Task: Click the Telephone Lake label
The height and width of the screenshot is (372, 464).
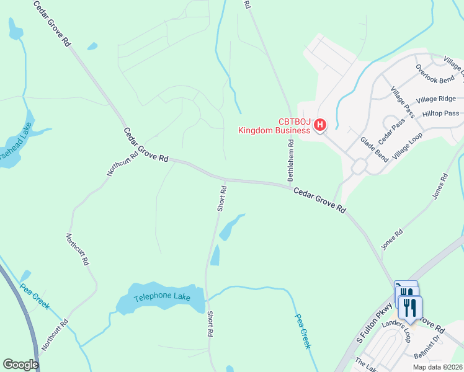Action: pyautogui.click(x=161, y=296)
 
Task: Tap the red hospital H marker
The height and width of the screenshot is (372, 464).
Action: pyautogui.click(x=319, y=125)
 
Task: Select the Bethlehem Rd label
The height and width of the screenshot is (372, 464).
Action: pyautogui.click(x=290, y=161)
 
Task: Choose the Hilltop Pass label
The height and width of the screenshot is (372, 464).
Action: pyautogui.click(x=440, y=113)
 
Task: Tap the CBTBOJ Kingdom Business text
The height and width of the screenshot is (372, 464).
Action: pyautogui.click(x=274, y=126)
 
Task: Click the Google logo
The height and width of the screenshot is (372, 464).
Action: pyautogui.click(x=20, y=365)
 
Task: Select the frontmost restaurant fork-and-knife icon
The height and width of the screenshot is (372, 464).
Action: pyautogui.click(x=410, y=307)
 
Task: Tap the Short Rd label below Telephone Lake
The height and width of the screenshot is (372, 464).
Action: pyautogui.click(x=210, y=324)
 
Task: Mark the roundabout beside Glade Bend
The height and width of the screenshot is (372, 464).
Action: pyautogui.click(x=359, y=166)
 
